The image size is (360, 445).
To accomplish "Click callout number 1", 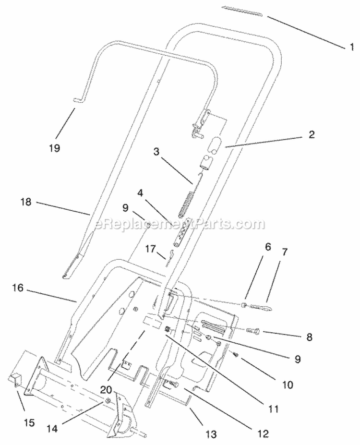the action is pyautogui.click(x=352, y=47).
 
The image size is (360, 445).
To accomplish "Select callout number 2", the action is pyautogui.click(x=312, y=134).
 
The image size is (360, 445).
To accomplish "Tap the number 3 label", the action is pyautogui.click(x=156, y=152).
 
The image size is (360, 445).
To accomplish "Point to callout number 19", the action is pyautogui.click(x=54, y=148).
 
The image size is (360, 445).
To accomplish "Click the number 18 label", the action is pyautogui.click(x=26, y=203).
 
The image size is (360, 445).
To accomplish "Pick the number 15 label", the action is pyautogui.click(x=29, y=422).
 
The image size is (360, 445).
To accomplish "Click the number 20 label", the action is pyautogui.click(x=106, y=389).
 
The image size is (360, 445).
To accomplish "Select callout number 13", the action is pyautogui.click(x=211, y=434).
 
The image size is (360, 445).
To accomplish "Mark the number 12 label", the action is pyautogui.click(x=263, y=433).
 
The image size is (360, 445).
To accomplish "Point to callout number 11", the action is pyautogui.click(x=273, y=409).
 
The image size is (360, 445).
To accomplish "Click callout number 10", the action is pyautogui.click(x=288, y=385).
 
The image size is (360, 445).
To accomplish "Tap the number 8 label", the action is pyautogui.click(x=309, y=337).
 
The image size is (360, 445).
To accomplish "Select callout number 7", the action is pyautogui.click(x=285, y=252).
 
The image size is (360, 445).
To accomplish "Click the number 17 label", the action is pyautogui.click(x=150, y=249).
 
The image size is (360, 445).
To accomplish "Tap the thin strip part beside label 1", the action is pyautogui.click(x=242, y=11).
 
